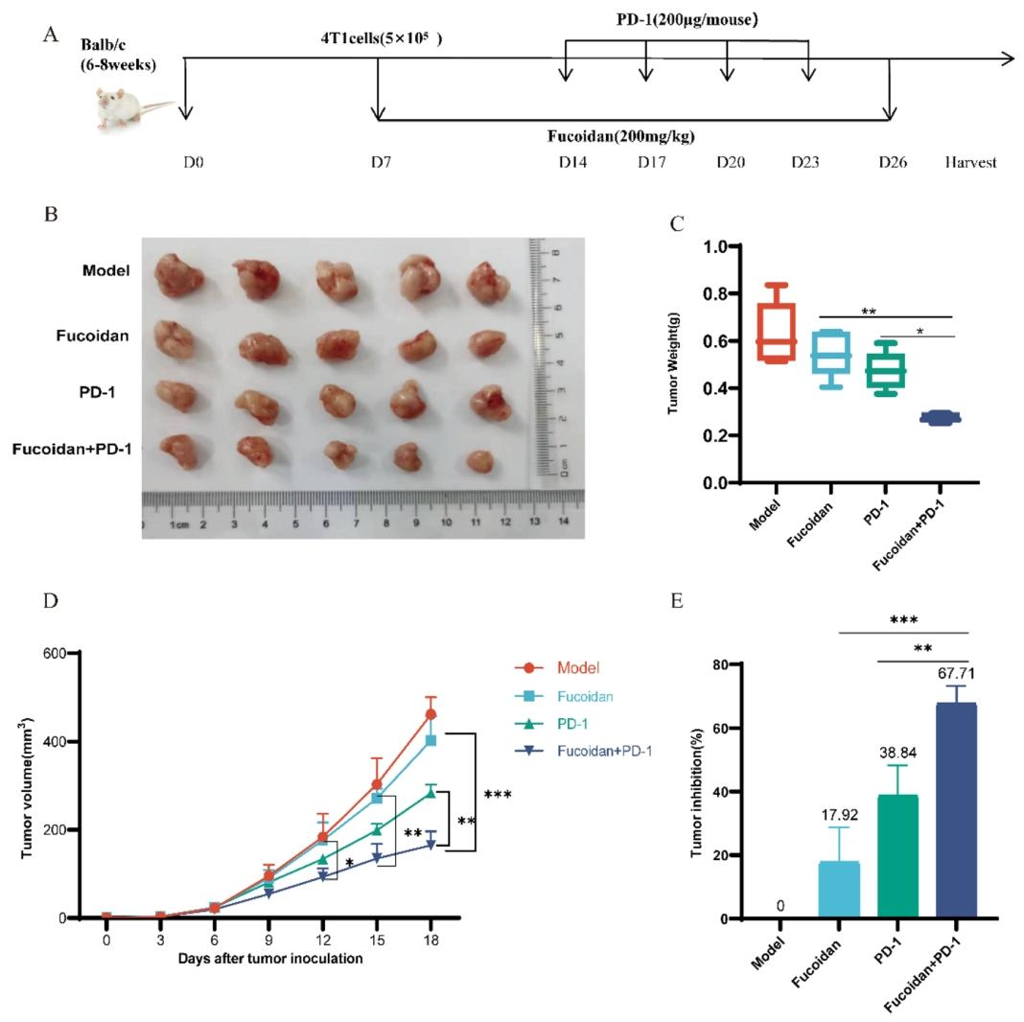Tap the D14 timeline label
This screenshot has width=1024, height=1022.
572,162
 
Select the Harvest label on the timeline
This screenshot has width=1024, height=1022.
970,162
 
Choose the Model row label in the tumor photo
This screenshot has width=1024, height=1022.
105,270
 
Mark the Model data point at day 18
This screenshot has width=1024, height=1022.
431,714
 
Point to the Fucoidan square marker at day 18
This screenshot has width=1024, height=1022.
431,740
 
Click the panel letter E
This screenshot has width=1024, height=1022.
678,601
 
